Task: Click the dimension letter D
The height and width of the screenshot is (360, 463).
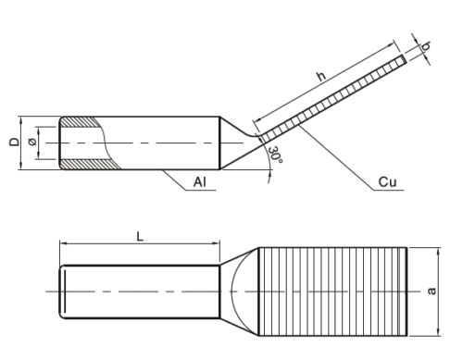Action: coord(14,143)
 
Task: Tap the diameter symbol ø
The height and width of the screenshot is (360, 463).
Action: coord(31,143)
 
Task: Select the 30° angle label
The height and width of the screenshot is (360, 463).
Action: coord(275,155)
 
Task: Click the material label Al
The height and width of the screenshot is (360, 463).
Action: coord(199,182)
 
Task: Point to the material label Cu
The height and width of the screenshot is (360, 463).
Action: coord(387,182)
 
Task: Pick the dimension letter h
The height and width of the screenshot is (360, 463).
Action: coord(321,76)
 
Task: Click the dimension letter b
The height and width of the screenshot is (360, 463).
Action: coord(426,46)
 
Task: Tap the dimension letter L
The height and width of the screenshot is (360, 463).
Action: coord(140,237)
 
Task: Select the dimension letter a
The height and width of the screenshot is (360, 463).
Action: coord(432,291)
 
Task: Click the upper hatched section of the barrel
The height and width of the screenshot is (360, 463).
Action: coord(81,122)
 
